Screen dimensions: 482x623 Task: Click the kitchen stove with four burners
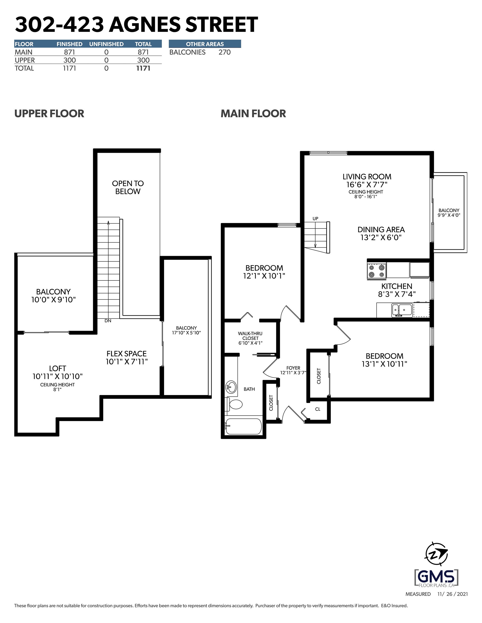pyautogui.click(x=376, y=271)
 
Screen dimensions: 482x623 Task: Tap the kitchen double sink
pyautogui.click(x=401, y=310)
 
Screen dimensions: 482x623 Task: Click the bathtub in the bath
pyautogui.click(x=243, y=426)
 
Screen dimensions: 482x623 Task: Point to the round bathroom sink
pyautogui.click(x=231, y=387)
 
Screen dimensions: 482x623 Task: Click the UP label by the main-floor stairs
pyautogui.click(x=315, y=218)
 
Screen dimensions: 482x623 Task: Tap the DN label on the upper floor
pyautogui.click(x=108, y=321)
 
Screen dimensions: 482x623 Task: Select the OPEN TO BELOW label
pyautogui.click(x=128, y=187)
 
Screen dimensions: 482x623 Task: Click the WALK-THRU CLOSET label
pyautogui.click(x=250, y=336)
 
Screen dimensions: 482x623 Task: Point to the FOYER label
pyautogui.click(x=293, y=368)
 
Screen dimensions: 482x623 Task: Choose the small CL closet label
pyautogui.click(x=317, y=409)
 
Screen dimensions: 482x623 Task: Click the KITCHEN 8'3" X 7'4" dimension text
pyautogui.click(x=397, y=294)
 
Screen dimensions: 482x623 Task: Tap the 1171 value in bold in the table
pyautogui.click(x=143, y=68)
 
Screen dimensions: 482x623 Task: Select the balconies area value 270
pyautogui.click(x=224, y=52)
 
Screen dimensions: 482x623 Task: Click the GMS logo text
pyautogui.click(x=436, y=576)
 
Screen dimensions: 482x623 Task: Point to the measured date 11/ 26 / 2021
pyautogui.click(x=452, y=594)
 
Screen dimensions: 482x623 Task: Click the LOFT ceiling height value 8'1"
pyautogui.click(x=57, y=389)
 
